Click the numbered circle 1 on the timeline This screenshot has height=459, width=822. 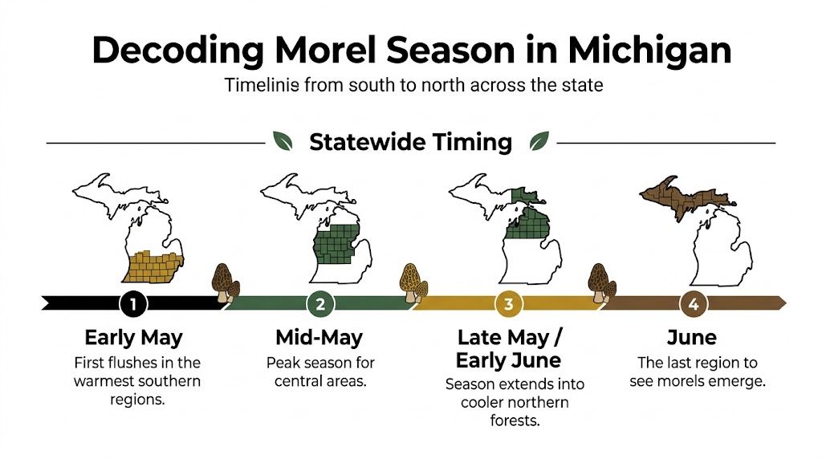[x=133, y=304]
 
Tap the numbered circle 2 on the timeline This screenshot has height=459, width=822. [x=320, y=304]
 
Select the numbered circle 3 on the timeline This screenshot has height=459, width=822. [x=508, y=304]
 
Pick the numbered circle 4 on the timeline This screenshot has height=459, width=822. [x=692, y=304]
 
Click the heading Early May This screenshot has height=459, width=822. [x=133, y=337]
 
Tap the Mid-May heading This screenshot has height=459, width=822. [x=319, y=337]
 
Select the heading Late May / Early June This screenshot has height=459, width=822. [x=509, y=347]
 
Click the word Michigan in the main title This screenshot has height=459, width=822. [x=649, y=50]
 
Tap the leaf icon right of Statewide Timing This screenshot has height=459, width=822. [x=538, y=142]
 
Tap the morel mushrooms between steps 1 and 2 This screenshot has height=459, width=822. [x=226, y=281]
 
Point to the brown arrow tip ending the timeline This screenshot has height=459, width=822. [x=781, y=303]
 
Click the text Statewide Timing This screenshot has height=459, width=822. [x=410, y=142]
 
